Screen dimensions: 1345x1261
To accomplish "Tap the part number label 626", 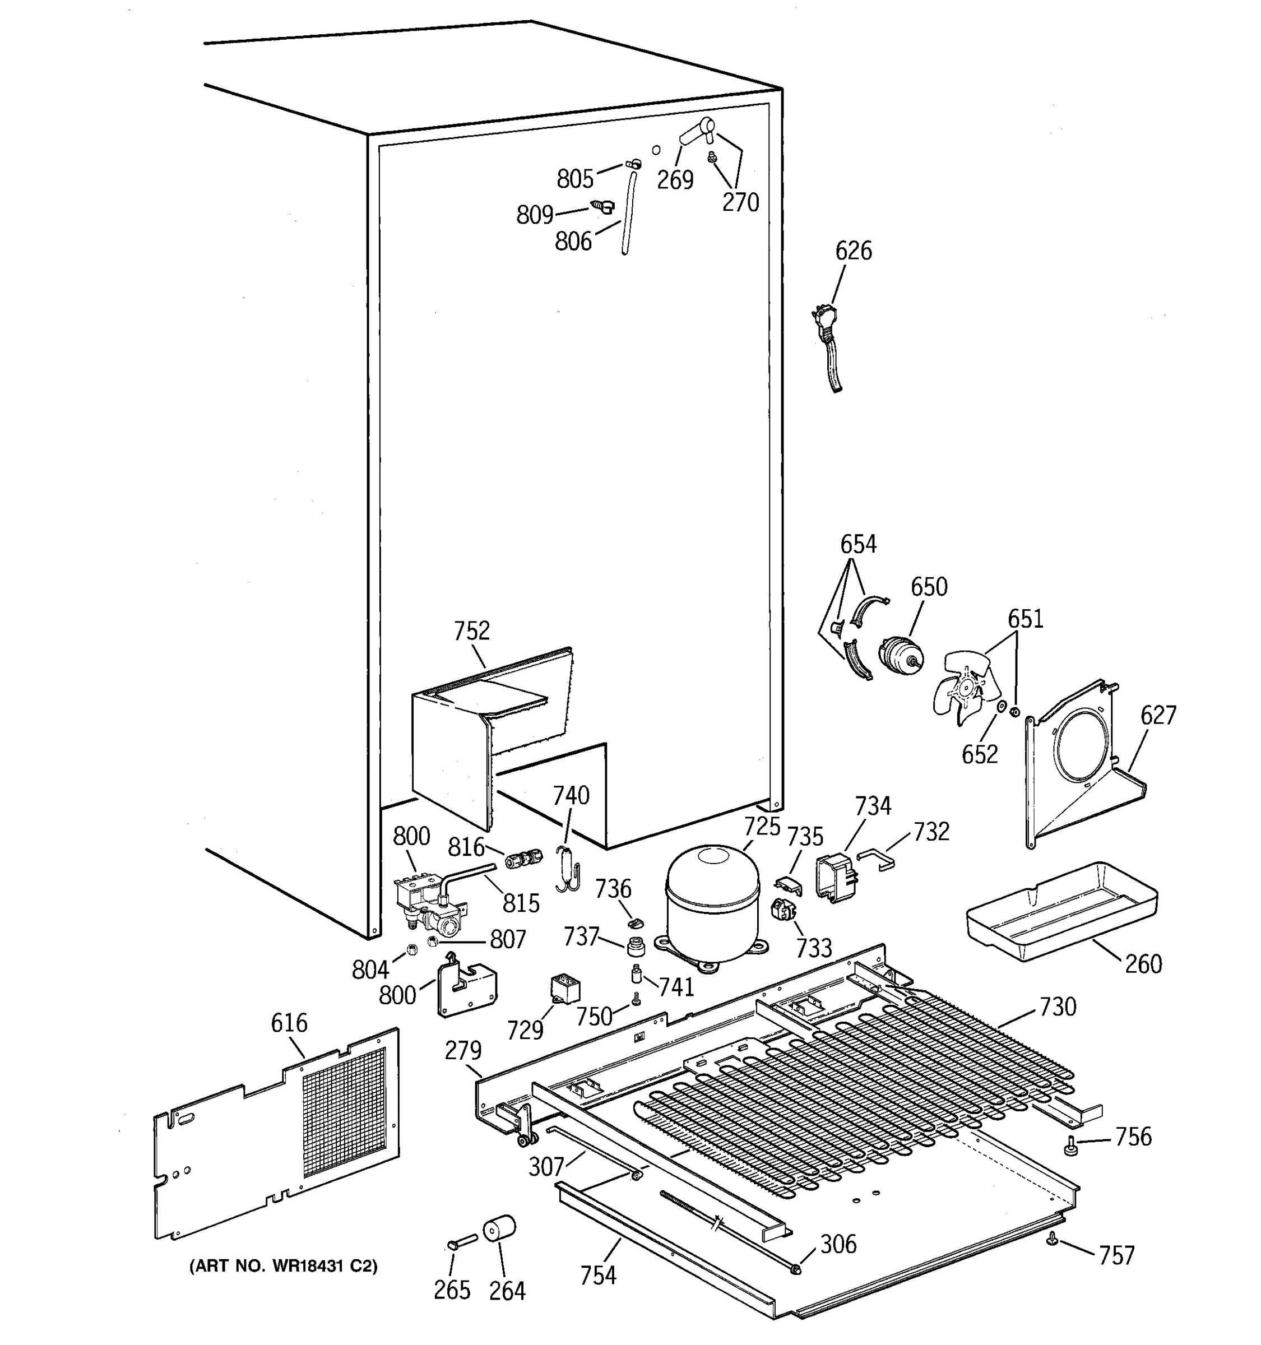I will (x=853, y=251).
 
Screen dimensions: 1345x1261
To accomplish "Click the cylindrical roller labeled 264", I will (x=499, y=1228).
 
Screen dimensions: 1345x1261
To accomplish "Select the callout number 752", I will (x=471, y=630).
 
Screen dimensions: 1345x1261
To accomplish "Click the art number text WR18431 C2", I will (x=284, y=1266).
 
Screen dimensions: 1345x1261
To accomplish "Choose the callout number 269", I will (x=675, y=180).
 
